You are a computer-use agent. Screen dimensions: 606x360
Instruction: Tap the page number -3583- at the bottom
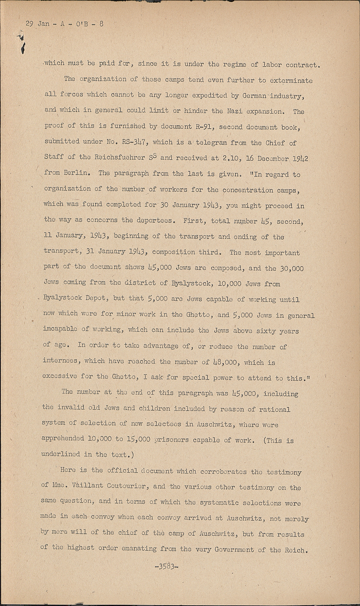(x=166, y=566)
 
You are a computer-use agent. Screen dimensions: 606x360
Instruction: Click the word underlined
(x=61, y=455)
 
